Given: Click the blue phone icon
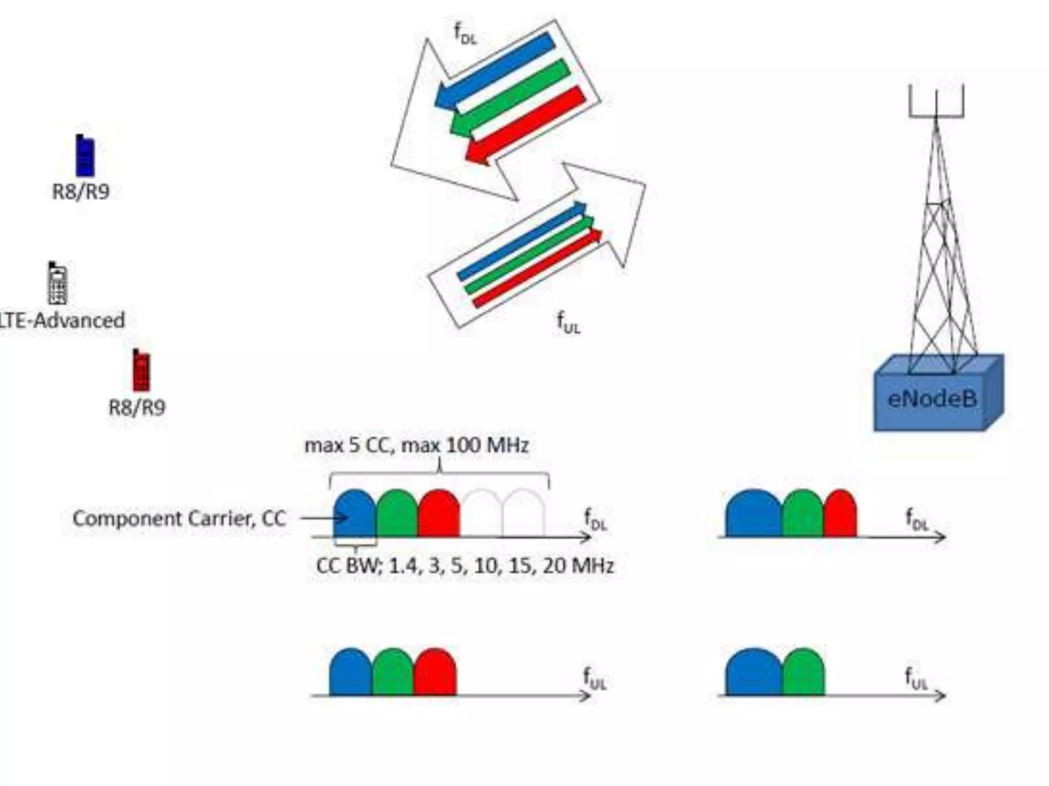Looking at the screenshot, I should [x=85, y=156].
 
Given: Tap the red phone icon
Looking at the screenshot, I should [x=141, y=370].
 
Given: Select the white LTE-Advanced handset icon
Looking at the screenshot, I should [x=57, y=283].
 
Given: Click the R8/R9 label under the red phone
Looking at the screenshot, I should [x=137, y=408].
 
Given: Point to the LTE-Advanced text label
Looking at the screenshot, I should [x=62, y=321].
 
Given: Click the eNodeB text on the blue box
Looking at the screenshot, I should [x=932, y=399].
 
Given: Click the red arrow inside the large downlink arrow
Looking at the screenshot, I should [x=526, y=125].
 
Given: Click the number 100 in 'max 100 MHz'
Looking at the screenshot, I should [x=464, y=446].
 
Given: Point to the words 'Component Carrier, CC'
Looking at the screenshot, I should [x=179, y=519].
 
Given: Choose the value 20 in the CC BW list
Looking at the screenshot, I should [x=555, y=566].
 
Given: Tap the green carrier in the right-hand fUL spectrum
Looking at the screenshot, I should [x=804, y=673].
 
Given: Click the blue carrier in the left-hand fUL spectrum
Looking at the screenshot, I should [x=351, y=673].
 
